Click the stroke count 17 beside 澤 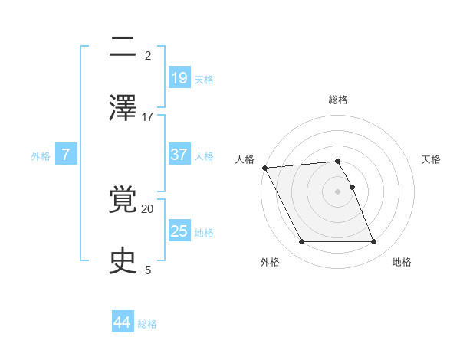tap(148, 116)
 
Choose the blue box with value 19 tap(179, 77)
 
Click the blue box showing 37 tap(179, 155)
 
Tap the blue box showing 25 tap(179, 231)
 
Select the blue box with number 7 tap(66, 155)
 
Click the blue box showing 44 tap(123, 322)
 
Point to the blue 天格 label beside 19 tap(204, 79)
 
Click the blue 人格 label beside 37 tap(204, 155)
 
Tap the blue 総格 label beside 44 tap(147, 324)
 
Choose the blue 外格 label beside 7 tap(41, 155)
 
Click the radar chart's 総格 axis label tap(338, 100)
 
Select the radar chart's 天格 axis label tap(432, 159)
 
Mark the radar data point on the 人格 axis tap(264, 168)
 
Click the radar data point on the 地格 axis tap(374, 242)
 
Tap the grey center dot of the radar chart tap(338, 191)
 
